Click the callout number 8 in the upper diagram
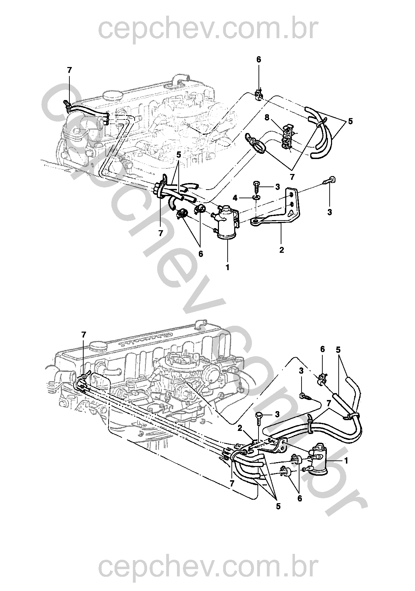pos(267,117)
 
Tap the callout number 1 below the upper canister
pos(227,267)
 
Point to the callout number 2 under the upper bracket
pos(282,250)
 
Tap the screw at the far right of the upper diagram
pos(330,182)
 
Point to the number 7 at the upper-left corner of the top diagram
pos(69,70)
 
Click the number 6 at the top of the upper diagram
pos(259,60)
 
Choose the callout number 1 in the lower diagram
pos(346,461)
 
